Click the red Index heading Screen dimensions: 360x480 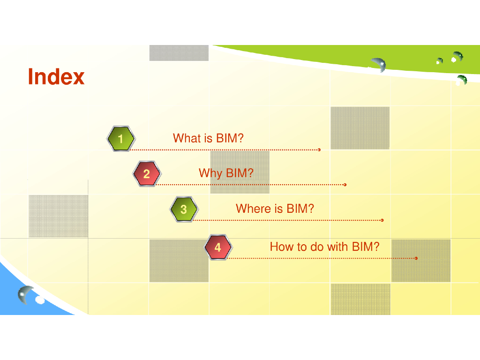[56, 77]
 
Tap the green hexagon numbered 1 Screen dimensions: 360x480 [120, 139]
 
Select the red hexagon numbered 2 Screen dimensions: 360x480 [147, 174]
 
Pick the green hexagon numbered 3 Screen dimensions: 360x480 [183, 209]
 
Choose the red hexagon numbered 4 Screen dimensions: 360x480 [218, 247]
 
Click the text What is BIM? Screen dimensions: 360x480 [208, 138]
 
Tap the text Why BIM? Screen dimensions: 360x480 [226, 173]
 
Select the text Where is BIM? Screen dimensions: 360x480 [275, 209]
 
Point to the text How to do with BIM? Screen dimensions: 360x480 [324, 247]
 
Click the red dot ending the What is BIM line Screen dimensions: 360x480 [319, 150]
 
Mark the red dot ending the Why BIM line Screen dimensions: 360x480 [345, 185]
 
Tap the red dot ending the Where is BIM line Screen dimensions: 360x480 [382, 220]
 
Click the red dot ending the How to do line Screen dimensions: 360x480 [416, 258]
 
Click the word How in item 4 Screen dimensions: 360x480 [280, 247]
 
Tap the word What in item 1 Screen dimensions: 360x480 [186, 138]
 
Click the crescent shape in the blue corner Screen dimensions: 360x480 [26, 294]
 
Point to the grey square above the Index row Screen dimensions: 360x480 [179, 53]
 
